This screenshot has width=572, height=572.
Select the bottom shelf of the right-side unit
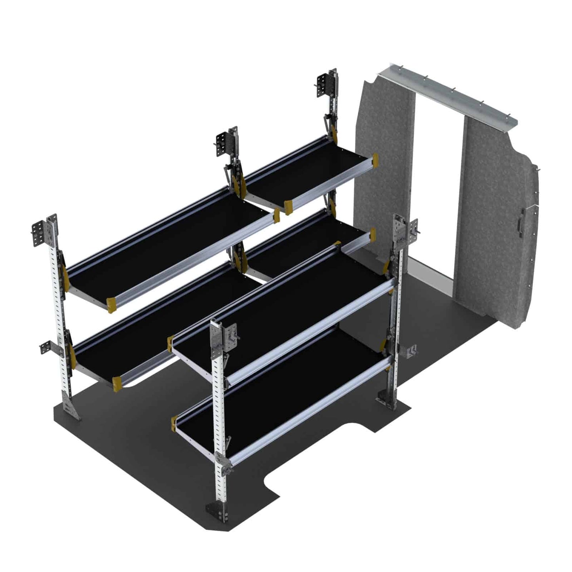click(x=277, y=392)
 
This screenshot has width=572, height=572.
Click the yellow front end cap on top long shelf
click(x=112, y=304)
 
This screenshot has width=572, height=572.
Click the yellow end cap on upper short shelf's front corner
click(x=288, y=205)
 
